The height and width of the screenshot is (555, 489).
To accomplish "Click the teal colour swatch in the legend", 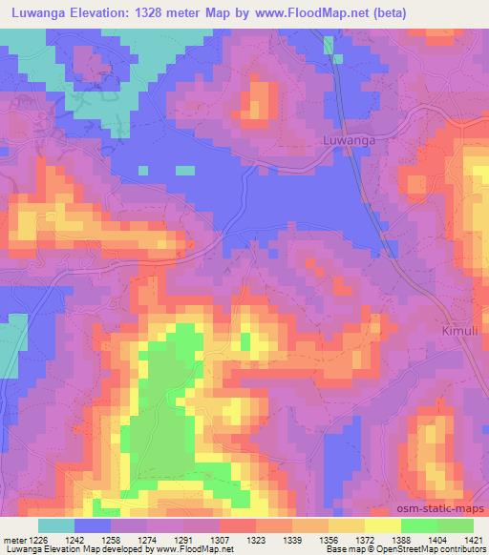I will click(56, 525).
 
